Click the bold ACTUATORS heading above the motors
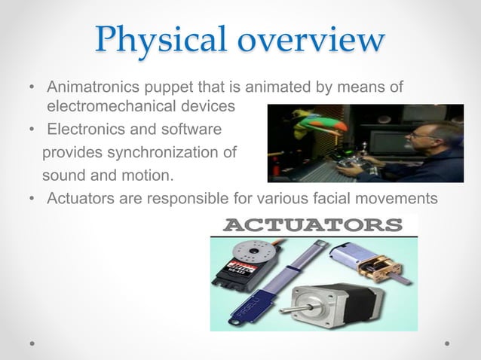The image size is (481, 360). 313,225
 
